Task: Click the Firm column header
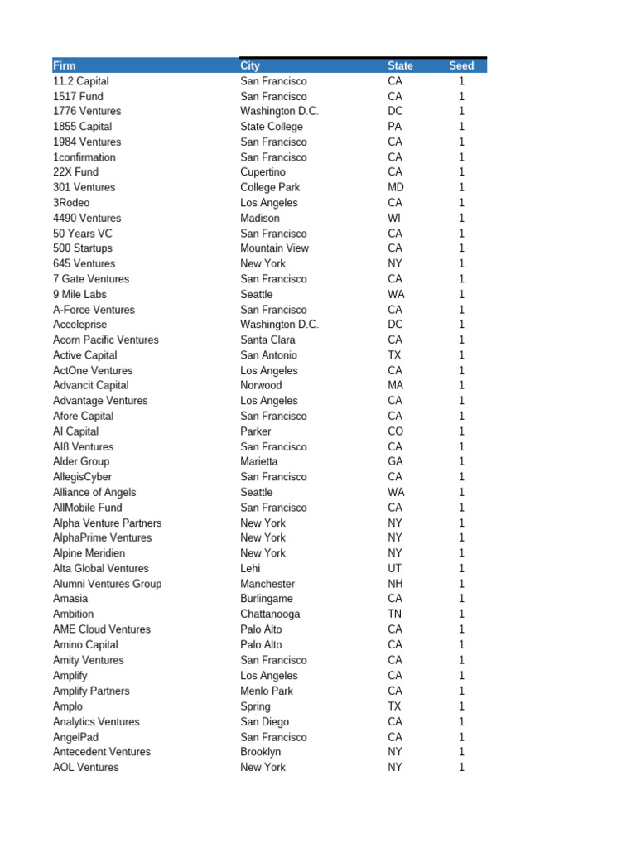pyautogui.click(x=65, y=65)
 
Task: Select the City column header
pyautogui.click(x=250, y=65)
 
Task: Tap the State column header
pyautogui.click(x=400, y=65)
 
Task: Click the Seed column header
pyautogui.click(x=461, y=65)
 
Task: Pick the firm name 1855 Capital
pyautogui.click(x=82, y=127)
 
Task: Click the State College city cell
pyautogui.click(x=272, y=127)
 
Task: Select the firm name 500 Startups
pyautogui.click(x=83, y=248)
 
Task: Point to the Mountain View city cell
pyautogui.click(x=274, y=248)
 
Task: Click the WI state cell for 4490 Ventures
pyautogui.click(x=394, y=218)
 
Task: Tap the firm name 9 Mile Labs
pyautogui.click(x=79, y=294)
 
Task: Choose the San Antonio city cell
pyautogui.click(x=268, y=355)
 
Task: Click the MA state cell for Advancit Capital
pyautogui.click(x=395, y=385)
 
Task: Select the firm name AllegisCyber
pyautogui.click(x=82, y=477)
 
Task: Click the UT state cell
pyautogui.click(x=394, y=568)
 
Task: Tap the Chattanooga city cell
pyautogui.click(x=270, y=614)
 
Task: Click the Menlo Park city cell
pyautogui.click(x=267, y=691)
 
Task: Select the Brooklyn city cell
pyautogui.click(x=261, y=752)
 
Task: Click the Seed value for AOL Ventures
pyautogui.click(x=461, y=768)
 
